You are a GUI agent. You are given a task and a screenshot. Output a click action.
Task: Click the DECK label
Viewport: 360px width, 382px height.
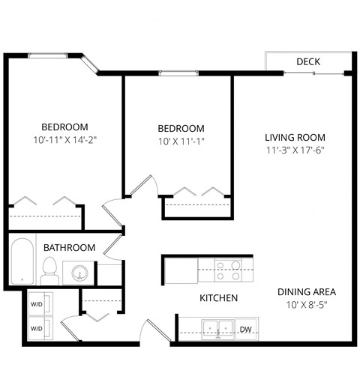point(308,61)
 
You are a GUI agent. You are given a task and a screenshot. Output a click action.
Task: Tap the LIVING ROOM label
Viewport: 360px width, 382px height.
point(295,137)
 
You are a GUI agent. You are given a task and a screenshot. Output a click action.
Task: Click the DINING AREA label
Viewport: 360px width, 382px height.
point(306,291)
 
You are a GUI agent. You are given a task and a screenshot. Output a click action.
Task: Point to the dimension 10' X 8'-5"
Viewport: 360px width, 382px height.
point(306,304)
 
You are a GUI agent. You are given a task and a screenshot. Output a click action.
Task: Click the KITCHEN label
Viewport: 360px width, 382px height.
point(218,298)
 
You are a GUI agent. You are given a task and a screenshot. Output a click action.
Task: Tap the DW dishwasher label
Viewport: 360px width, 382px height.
point(245,329)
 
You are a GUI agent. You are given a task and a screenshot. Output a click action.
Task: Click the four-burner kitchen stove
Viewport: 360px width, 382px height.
point(228,270)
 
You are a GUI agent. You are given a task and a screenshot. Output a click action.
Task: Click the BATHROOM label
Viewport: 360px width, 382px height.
point(69,247)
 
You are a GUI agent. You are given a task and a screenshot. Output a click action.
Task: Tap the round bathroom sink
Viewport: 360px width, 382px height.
point(79,273)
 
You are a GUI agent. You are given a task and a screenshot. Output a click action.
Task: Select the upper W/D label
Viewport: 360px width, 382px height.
point(36,305)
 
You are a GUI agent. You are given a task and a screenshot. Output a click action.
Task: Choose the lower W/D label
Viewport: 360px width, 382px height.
point(36,329)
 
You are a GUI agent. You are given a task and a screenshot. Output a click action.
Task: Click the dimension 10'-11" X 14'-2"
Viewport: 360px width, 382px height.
point(65,139)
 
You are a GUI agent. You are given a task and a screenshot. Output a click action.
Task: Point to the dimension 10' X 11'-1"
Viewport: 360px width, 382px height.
point(181,141)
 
